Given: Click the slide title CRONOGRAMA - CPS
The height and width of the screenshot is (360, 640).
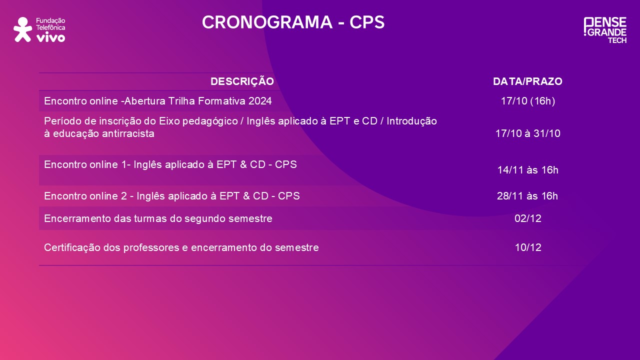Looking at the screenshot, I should [x=293, y=22].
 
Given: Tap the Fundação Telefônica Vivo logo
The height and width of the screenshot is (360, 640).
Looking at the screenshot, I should [x=39, y=29].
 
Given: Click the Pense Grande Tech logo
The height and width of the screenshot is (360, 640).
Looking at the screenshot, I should [x=605, y=30].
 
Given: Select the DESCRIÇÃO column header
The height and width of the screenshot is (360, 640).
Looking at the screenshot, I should [x=242, y=81].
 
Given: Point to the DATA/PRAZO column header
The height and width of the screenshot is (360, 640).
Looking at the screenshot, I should [x=527, y=81].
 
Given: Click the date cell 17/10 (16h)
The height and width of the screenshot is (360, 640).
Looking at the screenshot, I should [x=527, y=101].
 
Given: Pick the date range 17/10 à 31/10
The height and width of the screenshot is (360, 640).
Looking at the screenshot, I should [x=527, y=133].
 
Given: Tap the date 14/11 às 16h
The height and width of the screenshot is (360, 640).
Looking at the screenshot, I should [x=527, y=170].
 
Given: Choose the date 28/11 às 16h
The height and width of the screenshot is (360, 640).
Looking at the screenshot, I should [x=527, y=196].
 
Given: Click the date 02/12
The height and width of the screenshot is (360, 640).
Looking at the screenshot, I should [x=527, y=218].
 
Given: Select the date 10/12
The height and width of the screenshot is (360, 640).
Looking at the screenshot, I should [x=527, y=247].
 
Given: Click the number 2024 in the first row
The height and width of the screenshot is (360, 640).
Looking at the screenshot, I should [x=260, y=101].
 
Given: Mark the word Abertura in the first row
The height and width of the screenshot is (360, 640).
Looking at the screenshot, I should [x=143, y=101].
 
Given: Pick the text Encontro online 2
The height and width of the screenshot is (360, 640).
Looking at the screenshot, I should [x=84, y=196].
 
